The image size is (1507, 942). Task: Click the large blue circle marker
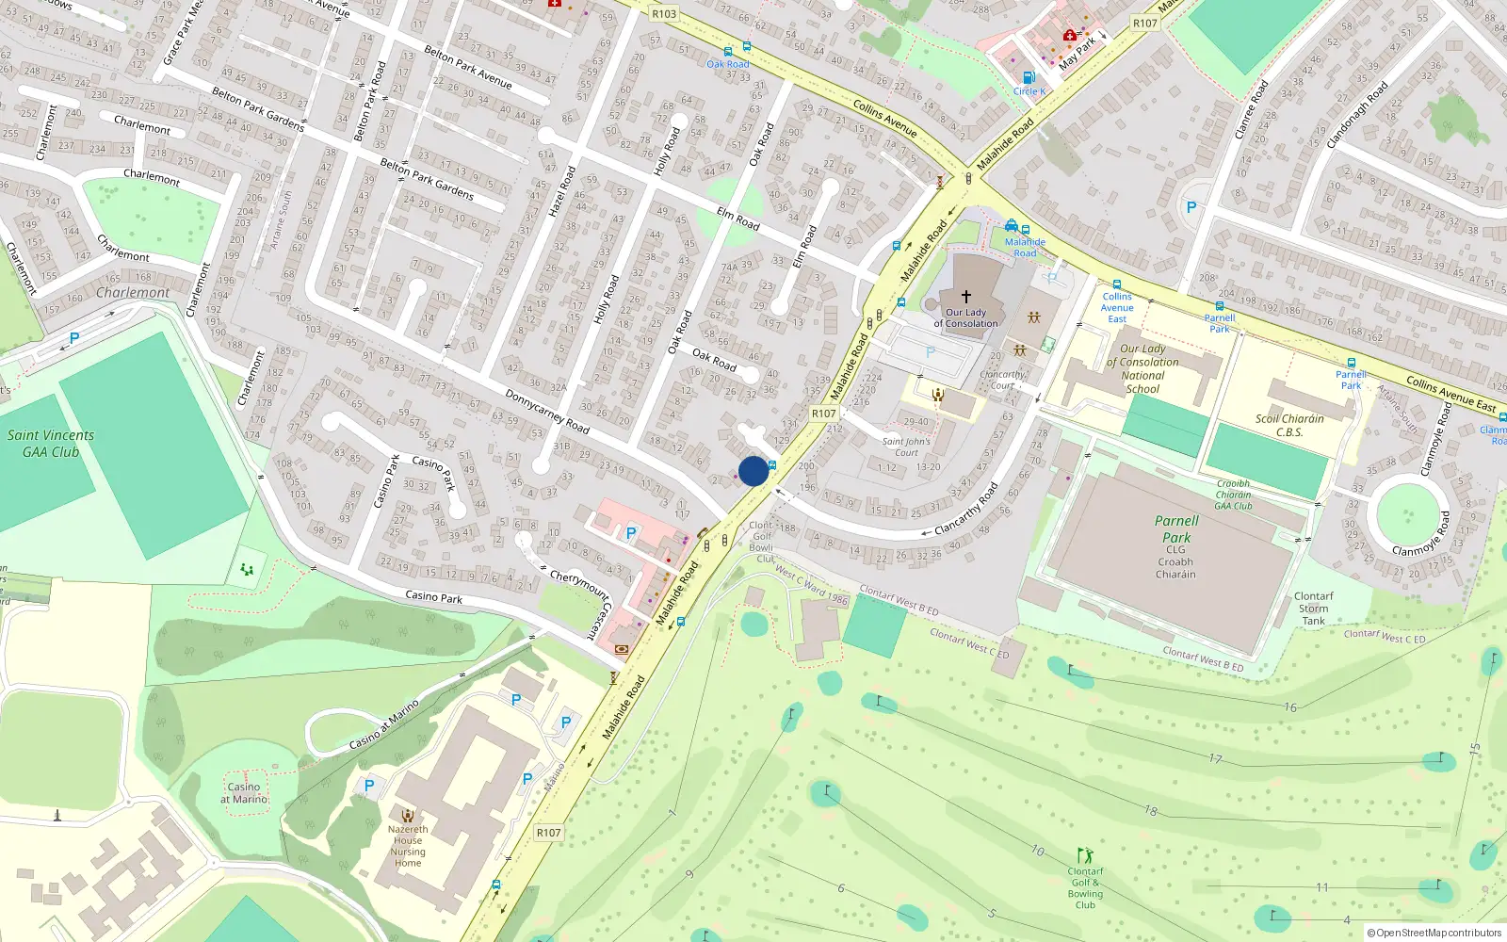pos(753,471)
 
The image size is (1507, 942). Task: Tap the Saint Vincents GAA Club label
pos(51,444)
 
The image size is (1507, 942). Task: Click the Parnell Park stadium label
pos(1176,529)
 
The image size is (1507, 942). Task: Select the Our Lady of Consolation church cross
pos(965,296)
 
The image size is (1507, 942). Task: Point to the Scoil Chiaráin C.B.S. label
pos(1289,426)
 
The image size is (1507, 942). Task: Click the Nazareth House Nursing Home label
pos(408,846)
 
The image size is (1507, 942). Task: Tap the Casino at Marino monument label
pos(244,793)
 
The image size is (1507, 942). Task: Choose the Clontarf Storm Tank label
pos(1313,609)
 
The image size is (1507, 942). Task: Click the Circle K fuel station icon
pos(1029,78)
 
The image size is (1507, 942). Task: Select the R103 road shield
pos(664,14)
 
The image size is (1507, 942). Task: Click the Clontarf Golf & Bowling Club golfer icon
pos(1085,855)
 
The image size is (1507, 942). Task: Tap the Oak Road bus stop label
pos(728,64)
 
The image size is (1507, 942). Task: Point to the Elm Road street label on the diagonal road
pos(737,219)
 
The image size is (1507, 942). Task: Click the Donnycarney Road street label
pos(547,412)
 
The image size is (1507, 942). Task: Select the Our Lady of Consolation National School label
pos(1142,368)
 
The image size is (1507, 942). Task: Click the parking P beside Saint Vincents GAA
pos(74,337)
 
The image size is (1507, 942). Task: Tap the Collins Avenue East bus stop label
pos(1117,307)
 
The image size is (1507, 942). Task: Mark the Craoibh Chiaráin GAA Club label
pos(1233,495)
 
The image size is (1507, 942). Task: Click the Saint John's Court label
pos(906,447)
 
